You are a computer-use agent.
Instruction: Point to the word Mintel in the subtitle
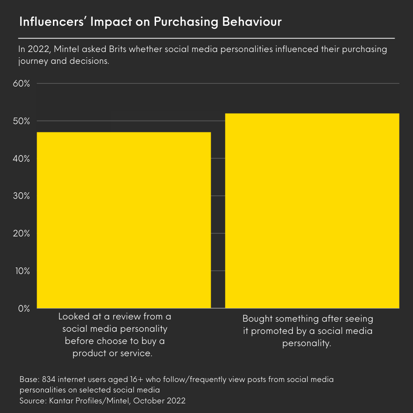pos(68,49)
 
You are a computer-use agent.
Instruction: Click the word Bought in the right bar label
pos(257,319)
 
